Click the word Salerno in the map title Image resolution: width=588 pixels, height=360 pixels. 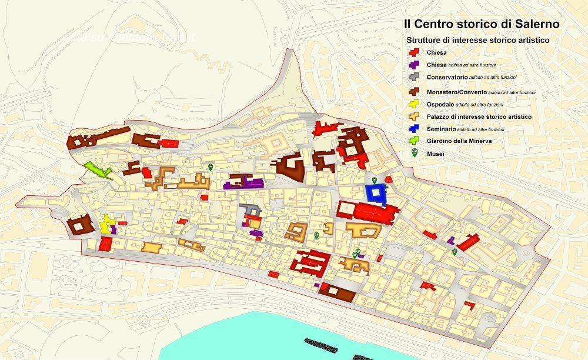532,24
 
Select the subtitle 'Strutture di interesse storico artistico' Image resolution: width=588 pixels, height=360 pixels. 477,41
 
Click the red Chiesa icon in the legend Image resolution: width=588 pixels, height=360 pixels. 413,52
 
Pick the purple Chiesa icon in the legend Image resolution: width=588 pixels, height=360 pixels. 413,65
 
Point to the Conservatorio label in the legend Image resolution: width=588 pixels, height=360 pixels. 447,77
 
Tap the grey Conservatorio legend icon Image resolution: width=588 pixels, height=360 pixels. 413,77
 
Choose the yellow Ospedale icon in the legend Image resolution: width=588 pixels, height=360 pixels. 413,104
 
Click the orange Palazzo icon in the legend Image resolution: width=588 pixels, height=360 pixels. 413,116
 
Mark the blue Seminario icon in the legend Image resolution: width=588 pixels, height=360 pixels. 413,128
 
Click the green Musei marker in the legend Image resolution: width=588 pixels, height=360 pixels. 414,153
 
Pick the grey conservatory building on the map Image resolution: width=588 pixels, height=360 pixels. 251,210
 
